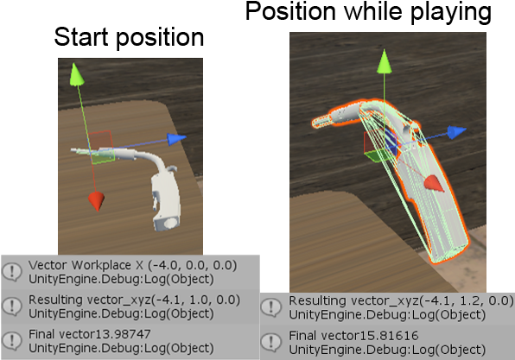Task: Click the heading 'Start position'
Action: pos(129,37)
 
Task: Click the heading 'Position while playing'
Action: pos(368,12)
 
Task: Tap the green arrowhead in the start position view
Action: pos(77,74)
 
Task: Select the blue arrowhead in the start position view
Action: pos(176,139)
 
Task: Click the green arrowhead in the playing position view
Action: pos(384,61)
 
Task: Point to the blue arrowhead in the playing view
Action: pos(456,132)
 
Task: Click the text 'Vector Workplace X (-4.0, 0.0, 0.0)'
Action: pos(132,265)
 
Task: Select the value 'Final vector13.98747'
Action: pos(90,334)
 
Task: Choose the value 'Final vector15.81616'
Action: pos(353,335)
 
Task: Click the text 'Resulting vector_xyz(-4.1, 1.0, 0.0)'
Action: pos(134,300)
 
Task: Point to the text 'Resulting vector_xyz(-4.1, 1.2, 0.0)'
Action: pos(401,300)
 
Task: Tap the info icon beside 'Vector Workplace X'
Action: pos(12,272)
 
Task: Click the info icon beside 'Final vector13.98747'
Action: pos(12,341)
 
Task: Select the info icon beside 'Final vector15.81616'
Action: pos(271,342)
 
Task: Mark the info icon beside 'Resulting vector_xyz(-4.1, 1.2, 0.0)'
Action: pos(271,307)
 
